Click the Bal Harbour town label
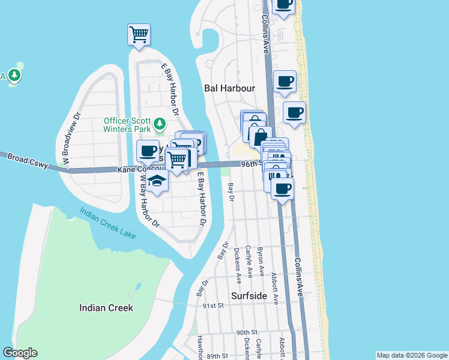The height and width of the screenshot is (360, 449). tap(230, 88)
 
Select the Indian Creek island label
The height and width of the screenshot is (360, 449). tap(106, 308)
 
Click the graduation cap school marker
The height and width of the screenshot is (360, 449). tap(157, 182)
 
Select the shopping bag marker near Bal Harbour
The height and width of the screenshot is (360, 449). tap(260, 137)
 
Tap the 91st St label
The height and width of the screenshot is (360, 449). tap(212, 305)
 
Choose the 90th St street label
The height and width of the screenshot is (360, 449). tap(246, 332)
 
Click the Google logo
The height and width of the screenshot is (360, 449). tap(20, 353)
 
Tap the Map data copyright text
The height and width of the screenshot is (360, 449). tap(411, 355)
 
